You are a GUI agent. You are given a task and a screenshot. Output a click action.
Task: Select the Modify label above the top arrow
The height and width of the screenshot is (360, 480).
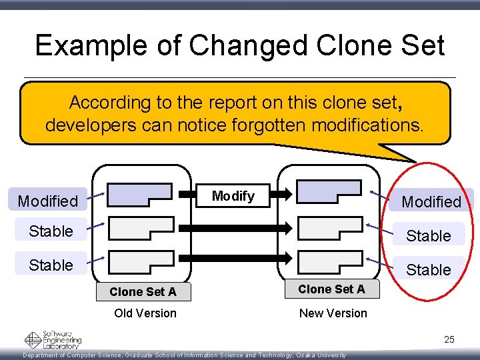[233, 196]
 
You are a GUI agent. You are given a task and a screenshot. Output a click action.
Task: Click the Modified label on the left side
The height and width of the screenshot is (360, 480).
[48, 201]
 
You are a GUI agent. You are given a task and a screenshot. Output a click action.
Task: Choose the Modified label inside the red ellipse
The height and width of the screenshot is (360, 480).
[431, 201]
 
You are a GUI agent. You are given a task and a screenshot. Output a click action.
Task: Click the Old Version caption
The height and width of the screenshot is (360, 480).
[145, 313]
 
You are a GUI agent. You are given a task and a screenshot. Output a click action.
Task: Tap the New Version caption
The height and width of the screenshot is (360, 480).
[333, 313]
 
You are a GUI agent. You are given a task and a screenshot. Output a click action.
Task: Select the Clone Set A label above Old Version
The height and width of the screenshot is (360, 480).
[143, 292]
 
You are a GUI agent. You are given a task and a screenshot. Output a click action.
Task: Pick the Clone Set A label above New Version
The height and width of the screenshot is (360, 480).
[331, 289]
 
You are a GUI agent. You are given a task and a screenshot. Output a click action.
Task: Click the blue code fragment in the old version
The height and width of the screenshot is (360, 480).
[138, 194]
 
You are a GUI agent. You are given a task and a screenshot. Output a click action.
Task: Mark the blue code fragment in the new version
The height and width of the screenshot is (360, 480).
[329, 192]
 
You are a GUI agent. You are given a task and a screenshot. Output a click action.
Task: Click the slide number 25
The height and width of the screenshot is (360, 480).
[449, 340]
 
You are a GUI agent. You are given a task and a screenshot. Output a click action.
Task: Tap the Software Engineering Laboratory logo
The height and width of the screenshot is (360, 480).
[53, 340]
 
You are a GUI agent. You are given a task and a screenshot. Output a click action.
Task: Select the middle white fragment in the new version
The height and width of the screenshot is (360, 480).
[329, 228]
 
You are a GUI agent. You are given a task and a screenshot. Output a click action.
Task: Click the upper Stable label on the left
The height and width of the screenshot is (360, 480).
[51, 231]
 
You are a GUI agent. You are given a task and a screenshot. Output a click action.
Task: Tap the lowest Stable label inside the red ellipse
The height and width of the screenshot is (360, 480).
[429, 270]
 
